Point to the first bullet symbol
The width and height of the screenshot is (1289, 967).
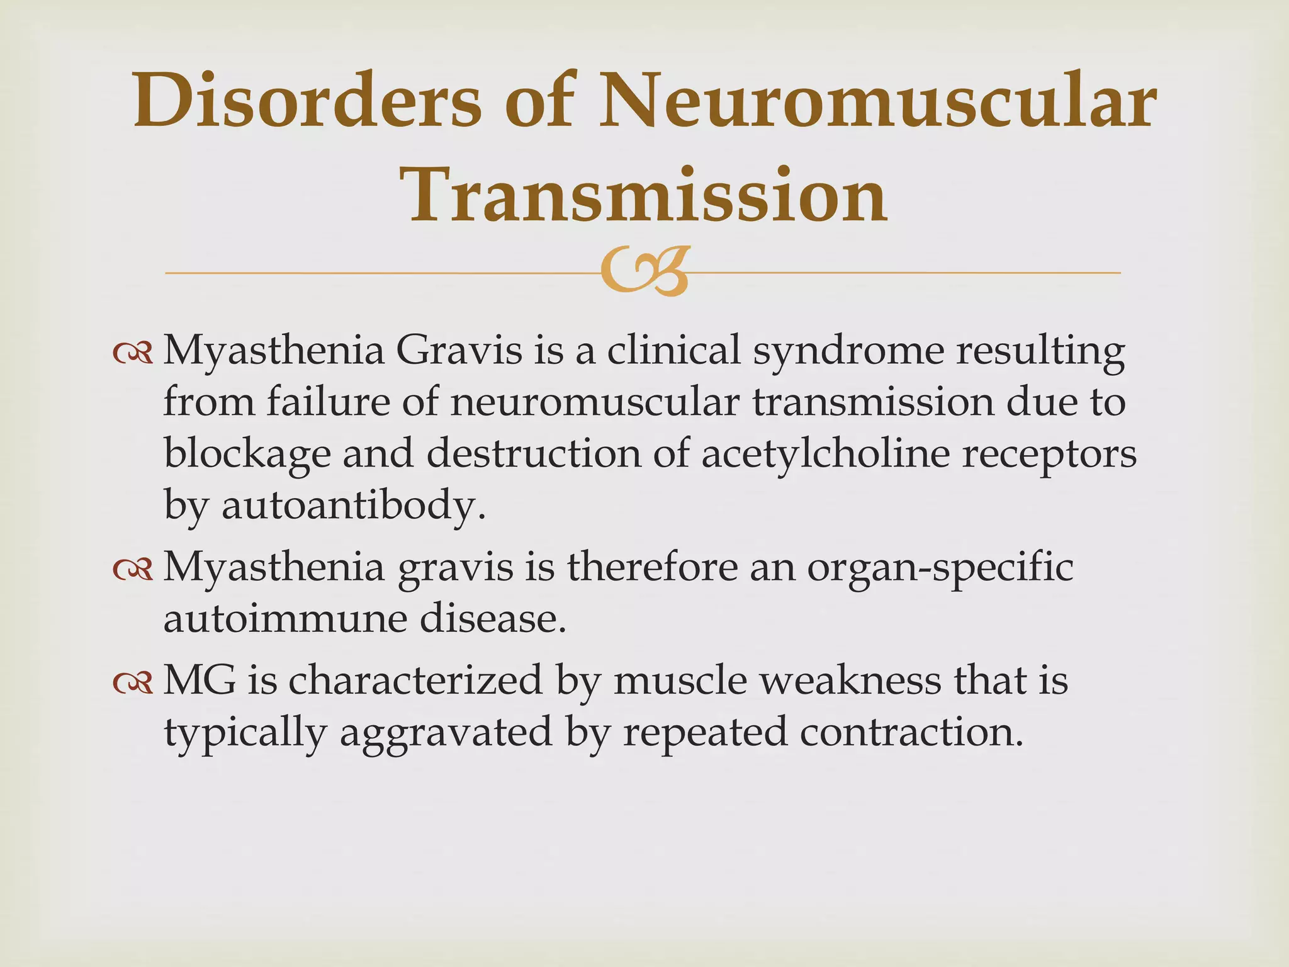click(x=133, y=354)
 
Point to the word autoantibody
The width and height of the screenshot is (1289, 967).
click(x=353, y=505)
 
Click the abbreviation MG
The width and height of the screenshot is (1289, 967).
click(x=200, y=681)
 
